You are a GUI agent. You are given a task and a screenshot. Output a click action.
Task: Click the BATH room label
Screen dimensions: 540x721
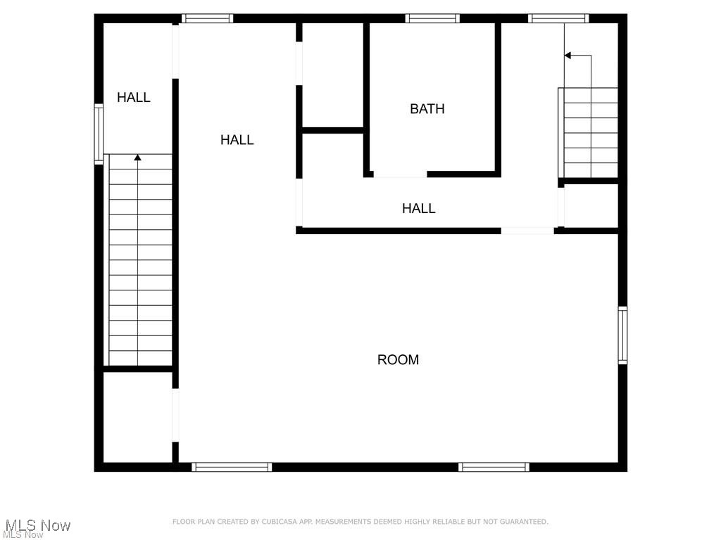[427, 109]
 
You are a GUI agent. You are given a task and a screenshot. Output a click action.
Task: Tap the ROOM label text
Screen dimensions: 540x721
[398, 360]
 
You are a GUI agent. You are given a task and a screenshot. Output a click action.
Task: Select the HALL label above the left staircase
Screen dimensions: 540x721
[134, 98]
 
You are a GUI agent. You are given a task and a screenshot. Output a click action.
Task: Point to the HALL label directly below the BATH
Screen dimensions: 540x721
[419, 208]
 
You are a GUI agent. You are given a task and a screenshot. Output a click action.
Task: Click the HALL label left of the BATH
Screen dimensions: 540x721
[237, 140]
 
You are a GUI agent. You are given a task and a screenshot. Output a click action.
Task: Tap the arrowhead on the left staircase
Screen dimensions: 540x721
[137, 158]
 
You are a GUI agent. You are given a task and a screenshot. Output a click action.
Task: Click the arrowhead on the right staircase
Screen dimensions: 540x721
[568, 55]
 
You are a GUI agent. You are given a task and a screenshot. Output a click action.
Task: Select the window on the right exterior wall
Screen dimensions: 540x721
[622, 335]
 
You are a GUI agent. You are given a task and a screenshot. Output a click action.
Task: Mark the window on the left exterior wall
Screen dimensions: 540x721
[99, 134]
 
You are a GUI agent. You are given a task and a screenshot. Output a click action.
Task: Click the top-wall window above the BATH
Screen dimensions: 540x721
[432, 18]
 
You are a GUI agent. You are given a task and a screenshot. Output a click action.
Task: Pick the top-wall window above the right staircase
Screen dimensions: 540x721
[558, 18]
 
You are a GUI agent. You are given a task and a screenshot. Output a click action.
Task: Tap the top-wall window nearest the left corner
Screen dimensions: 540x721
[207, 18]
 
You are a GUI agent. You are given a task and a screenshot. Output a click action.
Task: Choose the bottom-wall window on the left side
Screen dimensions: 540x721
[232, 467]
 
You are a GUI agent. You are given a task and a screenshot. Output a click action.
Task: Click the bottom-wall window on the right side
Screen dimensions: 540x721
[494, 467]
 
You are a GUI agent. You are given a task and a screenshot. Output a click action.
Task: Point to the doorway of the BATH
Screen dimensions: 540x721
[400, 174]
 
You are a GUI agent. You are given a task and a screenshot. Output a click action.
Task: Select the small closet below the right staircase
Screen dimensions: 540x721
[591, 205]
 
